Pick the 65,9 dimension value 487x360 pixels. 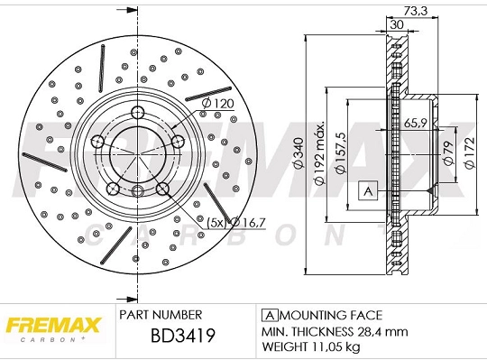point(415,123)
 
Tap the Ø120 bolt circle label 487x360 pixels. point(217,105)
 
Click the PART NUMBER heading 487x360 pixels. point(161,315)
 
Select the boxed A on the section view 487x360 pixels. point(367,190)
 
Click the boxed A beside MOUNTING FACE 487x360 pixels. point(268,315)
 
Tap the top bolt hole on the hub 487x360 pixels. point(137,112)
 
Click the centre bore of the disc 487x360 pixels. point(137,152)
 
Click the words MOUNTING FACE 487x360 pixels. point(330,315)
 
